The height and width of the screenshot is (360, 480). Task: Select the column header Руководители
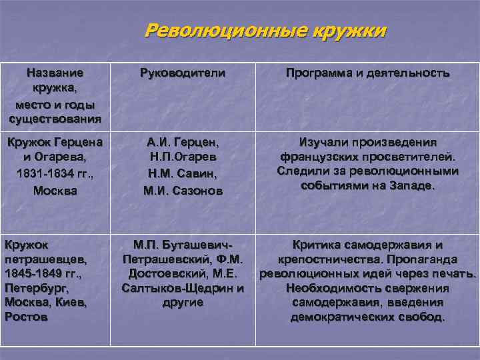point(183,73)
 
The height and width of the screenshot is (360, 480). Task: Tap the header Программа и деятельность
point(367,73)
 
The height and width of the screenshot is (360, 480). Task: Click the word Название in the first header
point(55,73)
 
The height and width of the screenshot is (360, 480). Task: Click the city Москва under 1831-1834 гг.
point(55,190)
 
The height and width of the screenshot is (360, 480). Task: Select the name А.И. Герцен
point(183,142)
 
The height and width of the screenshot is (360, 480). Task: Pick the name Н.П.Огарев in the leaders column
point(183,158)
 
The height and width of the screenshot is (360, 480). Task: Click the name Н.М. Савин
point(183,174)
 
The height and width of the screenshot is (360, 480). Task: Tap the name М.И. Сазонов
point(183,190)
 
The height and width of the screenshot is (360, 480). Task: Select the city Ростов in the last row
point(26,317)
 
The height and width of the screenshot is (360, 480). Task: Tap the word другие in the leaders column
point(183,303)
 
